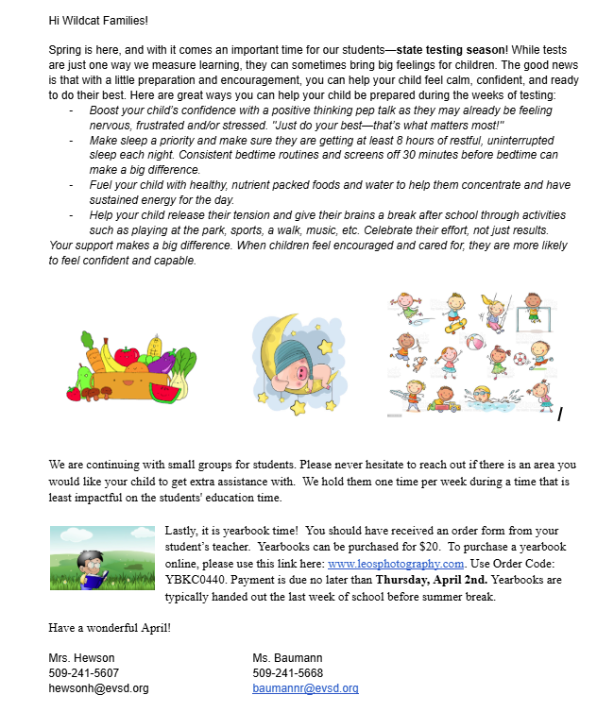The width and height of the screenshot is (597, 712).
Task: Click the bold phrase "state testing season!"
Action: tap(452, 48)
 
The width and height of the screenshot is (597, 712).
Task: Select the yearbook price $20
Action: tap(431, 548)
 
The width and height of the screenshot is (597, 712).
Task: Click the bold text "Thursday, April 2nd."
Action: tap(426, 580)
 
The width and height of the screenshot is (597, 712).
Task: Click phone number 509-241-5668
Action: tap(287, 673)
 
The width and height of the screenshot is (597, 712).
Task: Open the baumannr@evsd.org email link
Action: tap(305, 689)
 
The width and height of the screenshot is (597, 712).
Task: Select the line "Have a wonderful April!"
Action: tap(110, 628)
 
